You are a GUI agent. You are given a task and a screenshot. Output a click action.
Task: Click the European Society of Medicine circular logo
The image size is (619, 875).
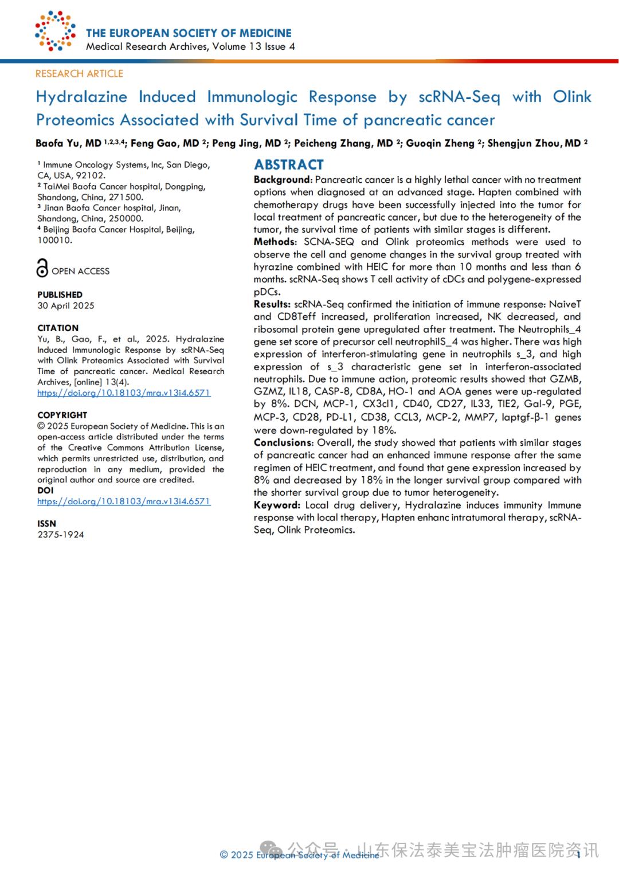55,31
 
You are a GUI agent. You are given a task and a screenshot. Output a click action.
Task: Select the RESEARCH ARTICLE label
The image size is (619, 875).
79,73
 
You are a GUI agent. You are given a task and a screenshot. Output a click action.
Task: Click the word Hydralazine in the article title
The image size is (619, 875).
81,96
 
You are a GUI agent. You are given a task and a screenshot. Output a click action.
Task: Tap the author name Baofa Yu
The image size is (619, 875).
60,143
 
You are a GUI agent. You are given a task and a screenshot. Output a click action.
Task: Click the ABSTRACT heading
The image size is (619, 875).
289,165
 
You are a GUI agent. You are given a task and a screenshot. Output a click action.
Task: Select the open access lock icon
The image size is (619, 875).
42,268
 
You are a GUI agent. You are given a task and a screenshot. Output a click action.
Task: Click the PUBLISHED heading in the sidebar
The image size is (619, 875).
60,295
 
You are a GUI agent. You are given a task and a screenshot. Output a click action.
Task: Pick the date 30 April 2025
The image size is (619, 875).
66,305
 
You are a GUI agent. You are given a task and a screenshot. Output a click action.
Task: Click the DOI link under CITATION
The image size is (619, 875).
124,393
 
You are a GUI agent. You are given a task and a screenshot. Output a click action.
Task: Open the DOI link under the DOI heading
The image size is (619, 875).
124,501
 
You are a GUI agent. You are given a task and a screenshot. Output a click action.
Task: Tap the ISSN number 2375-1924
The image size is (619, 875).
61,535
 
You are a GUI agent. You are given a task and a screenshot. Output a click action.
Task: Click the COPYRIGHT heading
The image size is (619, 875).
62,415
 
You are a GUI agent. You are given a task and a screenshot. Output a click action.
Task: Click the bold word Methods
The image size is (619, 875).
274,242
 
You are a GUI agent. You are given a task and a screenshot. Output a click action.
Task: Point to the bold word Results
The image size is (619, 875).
271,304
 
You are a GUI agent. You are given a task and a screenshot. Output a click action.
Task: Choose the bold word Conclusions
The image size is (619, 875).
283,442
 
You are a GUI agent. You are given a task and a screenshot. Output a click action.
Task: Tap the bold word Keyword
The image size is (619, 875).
276,505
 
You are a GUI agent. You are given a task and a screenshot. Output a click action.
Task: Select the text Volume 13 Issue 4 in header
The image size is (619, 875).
253,46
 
